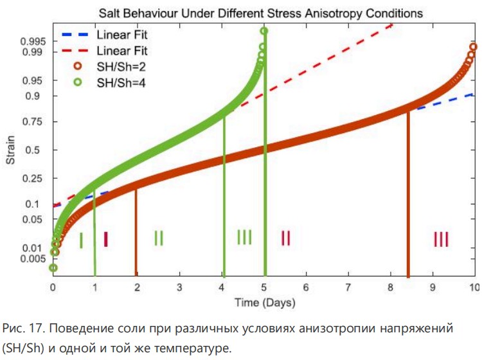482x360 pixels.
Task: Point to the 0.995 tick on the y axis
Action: click(x=33, y=41)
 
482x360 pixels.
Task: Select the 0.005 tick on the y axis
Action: click(x=33, y=258)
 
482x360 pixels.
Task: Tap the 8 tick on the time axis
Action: click(x=391, y=287)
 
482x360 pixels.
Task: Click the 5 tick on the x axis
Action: click(x=264, y=287)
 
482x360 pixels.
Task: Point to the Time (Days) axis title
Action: click(x=264, y=301)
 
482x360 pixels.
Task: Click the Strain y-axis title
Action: click(x=11, y=151)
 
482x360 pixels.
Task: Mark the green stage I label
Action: click(x=81, y=240)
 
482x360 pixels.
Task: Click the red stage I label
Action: click(x=105, y=240)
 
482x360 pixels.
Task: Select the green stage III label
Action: click(x=244, y=237)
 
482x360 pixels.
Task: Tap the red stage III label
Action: click(x=441, y=240)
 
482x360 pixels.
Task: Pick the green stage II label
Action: click(x=159, y=238)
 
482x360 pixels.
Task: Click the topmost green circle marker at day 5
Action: click(x=263, y=31)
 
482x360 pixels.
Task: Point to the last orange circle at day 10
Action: click(x=474, y=47)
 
